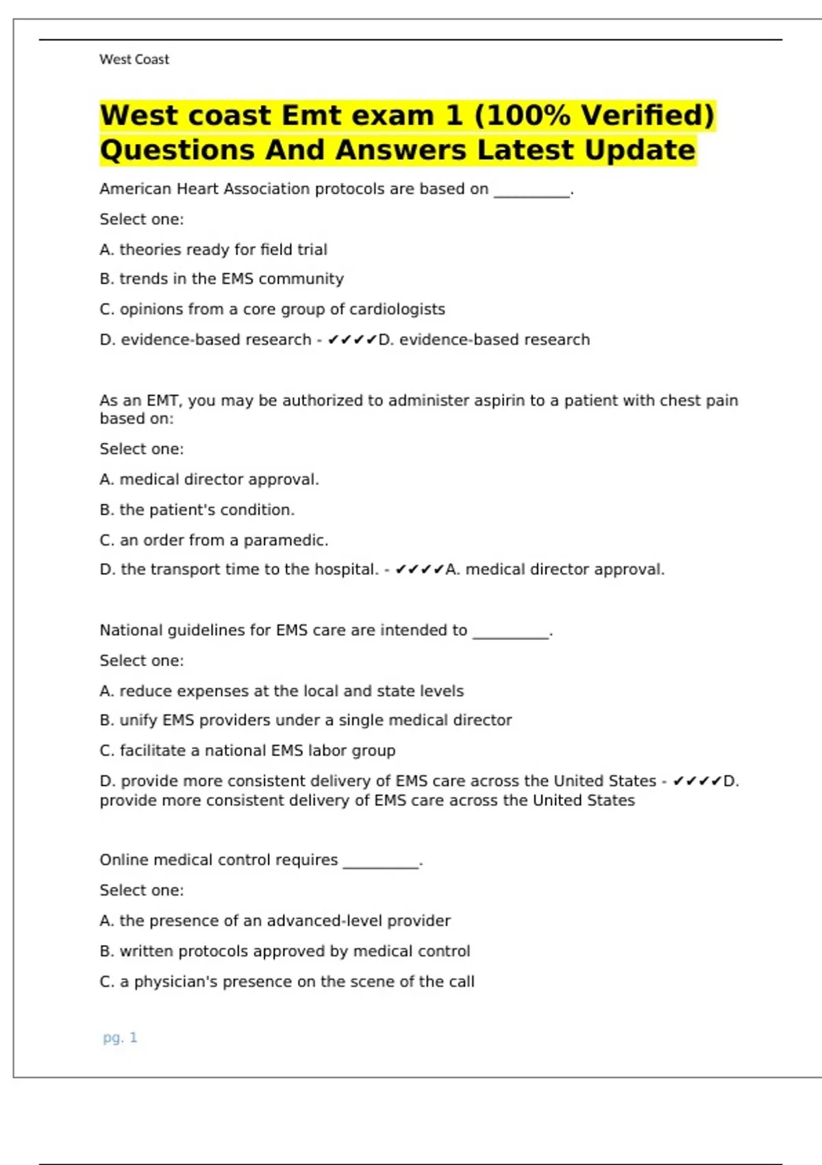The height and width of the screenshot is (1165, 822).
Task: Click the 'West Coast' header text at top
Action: pos(134,60)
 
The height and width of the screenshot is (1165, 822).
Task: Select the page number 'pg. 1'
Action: pos(120,1038)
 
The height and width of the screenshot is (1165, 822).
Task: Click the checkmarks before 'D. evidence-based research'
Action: pos(352,339)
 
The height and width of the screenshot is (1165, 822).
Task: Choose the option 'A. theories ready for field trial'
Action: pos(213,249)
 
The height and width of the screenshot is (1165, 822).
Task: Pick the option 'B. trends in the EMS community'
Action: pos(221,279)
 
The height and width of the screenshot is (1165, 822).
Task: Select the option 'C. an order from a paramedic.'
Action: pos(214,540)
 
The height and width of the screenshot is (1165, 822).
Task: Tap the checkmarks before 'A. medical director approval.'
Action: pos(419,569)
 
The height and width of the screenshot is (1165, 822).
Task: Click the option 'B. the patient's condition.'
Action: pos(197,510)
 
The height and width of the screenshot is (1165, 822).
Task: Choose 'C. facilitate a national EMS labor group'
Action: pos(247,750)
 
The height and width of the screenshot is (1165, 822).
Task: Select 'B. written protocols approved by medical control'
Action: pos(285,951)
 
